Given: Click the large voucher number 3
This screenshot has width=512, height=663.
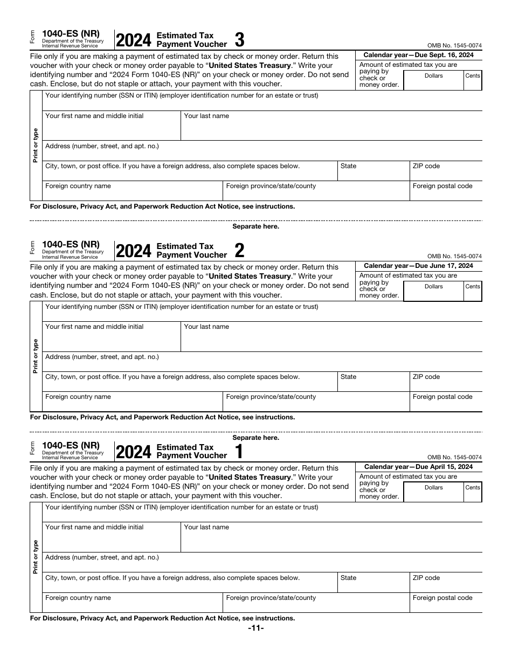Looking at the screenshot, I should [x=240, y=40].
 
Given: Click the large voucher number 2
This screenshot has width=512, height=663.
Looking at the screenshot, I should [x=240, y=251].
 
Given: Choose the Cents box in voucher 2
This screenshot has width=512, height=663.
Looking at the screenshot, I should [x=473, y=292].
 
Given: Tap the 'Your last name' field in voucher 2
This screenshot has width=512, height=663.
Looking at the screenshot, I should [x=331, y=337].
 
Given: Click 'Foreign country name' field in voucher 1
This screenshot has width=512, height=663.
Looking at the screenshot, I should [x=133, y=603].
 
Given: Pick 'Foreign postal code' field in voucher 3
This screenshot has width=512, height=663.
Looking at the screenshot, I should [x=446, y=191].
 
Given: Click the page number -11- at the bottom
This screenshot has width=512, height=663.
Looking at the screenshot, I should [x=255, y=628].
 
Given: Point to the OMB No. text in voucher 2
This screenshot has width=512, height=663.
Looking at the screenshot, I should [x=454, y=257].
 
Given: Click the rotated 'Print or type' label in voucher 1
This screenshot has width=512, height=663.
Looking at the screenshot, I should [x=36, y=557].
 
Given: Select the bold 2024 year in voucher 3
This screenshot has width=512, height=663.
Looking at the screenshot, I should [x=134, y=41].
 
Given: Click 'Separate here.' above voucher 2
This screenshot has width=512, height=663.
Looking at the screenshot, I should [x=255, y=226].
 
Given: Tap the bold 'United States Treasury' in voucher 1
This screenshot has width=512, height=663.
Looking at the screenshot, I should [x=250, y=477].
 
